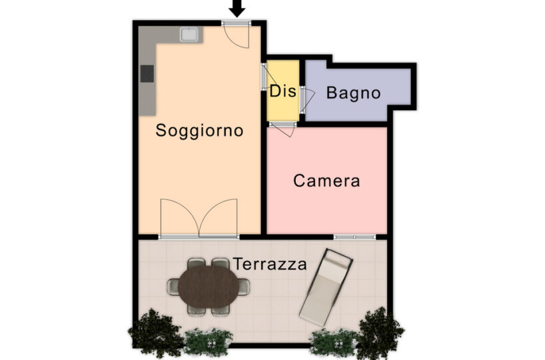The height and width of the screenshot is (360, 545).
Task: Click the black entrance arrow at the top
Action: coord(237,7)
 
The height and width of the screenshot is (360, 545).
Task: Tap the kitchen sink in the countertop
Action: coord(189,35)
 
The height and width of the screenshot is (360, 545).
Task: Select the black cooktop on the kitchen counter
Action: coord(147,74)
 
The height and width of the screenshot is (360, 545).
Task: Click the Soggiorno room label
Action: coord(199,131)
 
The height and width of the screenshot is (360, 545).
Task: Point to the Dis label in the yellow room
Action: coord(283,91)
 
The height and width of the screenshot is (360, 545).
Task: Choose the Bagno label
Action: coord(353,93)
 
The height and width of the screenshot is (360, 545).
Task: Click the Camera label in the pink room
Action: coord(326,181)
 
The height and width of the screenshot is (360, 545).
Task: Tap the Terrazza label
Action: coord(270,264)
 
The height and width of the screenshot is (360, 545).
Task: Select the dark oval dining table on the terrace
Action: coord(209,287)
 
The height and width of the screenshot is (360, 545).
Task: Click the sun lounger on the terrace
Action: coord(326,287)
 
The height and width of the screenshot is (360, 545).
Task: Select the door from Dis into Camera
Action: coord(283,129)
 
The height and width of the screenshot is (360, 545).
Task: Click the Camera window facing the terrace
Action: coord(354,237)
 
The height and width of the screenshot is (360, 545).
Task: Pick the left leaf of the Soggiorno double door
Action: coord(179,217)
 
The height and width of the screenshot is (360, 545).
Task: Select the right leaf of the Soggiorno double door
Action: coord(219,217)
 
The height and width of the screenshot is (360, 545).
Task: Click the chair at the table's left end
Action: coord(173,287)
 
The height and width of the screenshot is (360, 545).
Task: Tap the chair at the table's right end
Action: coord(244,287)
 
